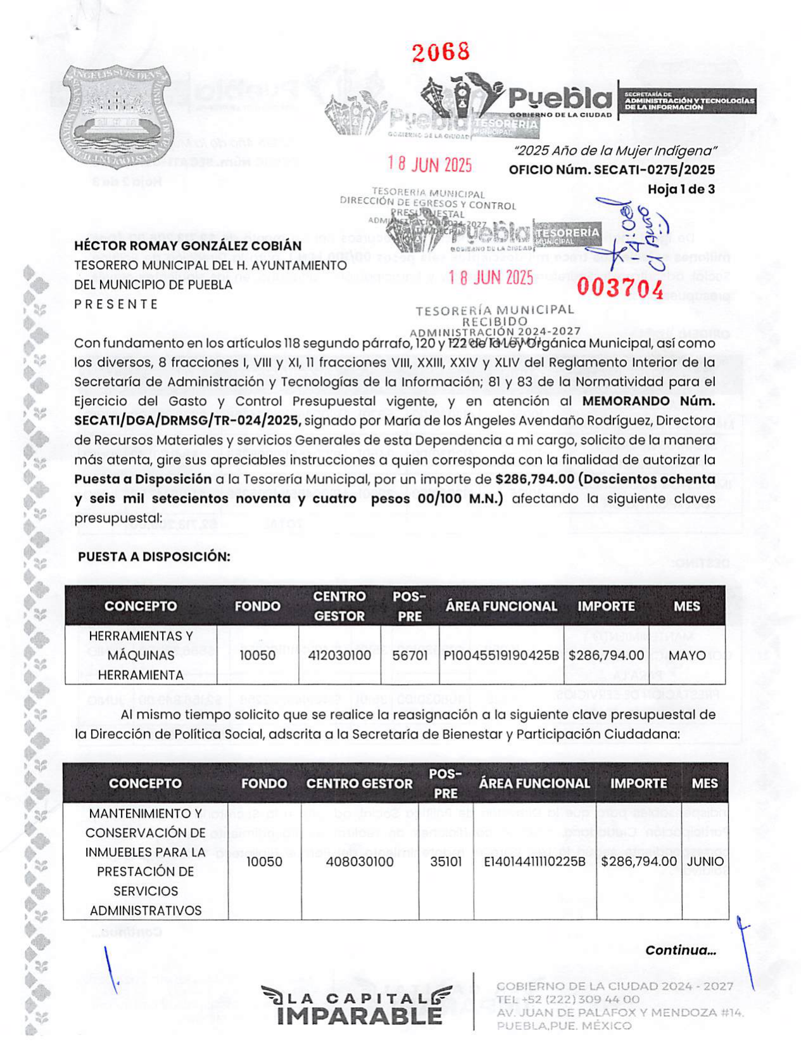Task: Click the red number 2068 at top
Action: tap(441, 52)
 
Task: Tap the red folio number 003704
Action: tap(620, 288)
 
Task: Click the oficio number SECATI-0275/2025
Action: tap(654, 170)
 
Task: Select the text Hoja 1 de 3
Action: tap(681, 189)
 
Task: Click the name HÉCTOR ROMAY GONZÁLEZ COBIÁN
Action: tap(188, 246)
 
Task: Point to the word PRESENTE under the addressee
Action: tap(117, 304)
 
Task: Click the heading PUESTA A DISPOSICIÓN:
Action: tap(154, 556)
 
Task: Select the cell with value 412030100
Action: tap(339, 655)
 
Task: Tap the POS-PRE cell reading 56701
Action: tap(410, 655)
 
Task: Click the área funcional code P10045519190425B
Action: tap(501, 655)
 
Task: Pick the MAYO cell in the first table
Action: tap(686, 655)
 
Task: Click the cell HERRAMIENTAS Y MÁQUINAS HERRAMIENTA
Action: tap(141, 655)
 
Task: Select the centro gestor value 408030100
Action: tap(359, 862)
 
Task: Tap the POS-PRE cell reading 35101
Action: tap(446, 862)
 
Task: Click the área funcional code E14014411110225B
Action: tap(534, 862)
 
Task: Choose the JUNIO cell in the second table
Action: tap(705, 862)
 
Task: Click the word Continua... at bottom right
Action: tap(680, 950)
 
